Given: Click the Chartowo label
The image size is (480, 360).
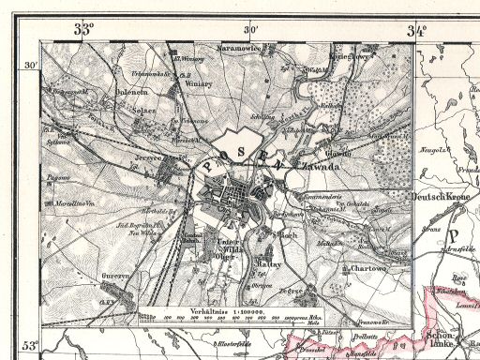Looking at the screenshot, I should coord(362,270).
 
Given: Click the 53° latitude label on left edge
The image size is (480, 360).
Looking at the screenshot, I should coord(30,347).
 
